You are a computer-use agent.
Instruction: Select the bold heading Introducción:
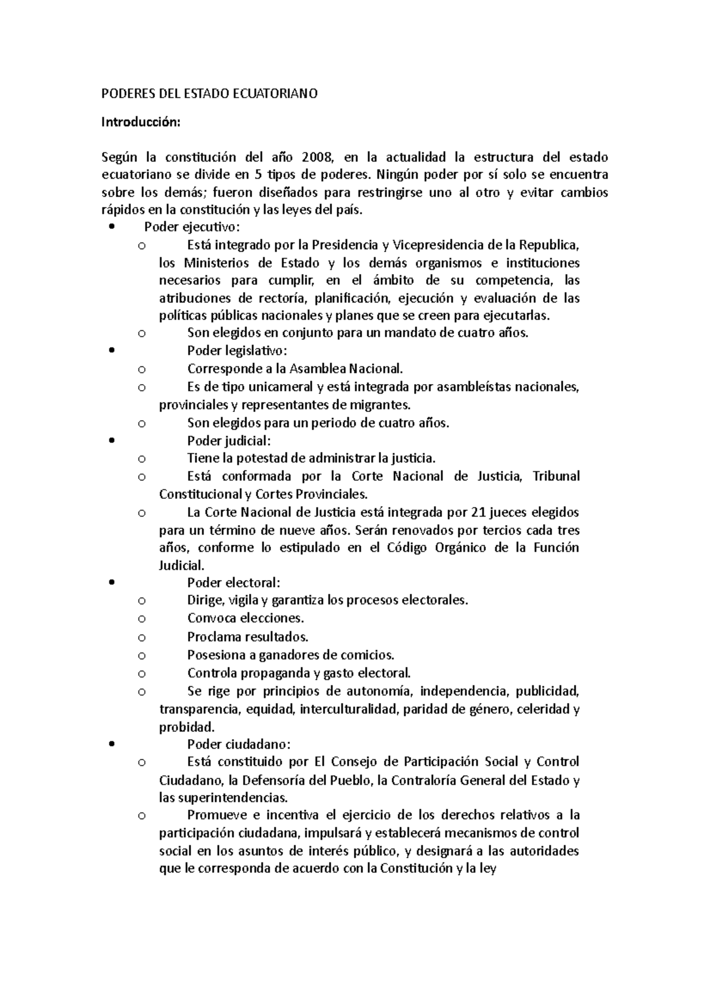pyautogui.click(x=139, y=122)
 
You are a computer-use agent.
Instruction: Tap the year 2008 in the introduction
pyautogui.click(x=321, y=157)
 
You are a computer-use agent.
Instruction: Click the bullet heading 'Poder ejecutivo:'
pyautogui.click(x=192, y=227)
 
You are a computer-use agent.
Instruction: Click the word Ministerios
pyautogui.click(x=217, y=263)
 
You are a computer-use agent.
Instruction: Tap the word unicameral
pyautogui.click(x=277, y=387)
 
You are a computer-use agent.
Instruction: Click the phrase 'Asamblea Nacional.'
pyautogui.click(x=346, y=369)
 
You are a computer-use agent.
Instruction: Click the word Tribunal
pyautogui.click(x=556, y=476)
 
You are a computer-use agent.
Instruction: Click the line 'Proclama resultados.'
pyautogui.click(x=248, y=637)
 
